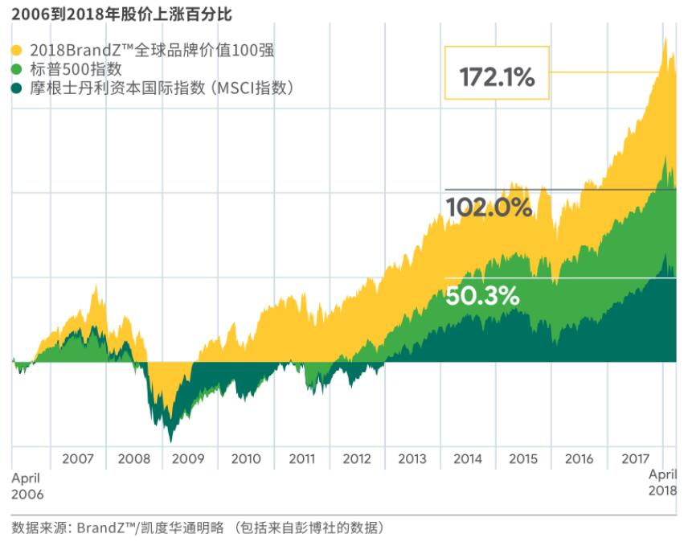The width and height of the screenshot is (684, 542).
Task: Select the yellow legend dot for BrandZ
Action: tap(17, 51)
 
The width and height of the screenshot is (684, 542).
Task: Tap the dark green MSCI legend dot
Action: tap(17, 88)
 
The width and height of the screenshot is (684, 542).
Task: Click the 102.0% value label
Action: tap(489, 207)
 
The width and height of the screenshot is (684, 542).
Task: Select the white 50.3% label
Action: tap(482, 296)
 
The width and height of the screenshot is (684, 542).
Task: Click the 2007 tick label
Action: tap(79, 459)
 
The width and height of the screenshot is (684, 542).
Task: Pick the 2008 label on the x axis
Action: tap(134, 459)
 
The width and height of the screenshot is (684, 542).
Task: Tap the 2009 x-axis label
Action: tap(190, 459)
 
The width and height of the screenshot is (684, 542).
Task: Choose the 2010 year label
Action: tap(246, 459)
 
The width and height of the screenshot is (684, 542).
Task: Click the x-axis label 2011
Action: tap(301, 459)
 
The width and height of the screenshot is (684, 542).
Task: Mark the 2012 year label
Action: tap(357, 459)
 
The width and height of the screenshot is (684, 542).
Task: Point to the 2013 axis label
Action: tap(412, 459)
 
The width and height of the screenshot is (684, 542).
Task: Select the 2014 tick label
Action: tap(468, 459)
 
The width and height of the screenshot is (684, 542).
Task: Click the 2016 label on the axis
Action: tap(579, 459)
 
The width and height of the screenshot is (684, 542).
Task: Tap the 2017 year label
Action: tap(634, 459)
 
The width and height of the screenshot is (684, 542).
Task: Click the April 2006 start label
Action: tap(27, 485)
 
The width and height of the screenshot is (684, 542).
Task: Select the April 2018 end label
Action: tap(662, 482)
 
